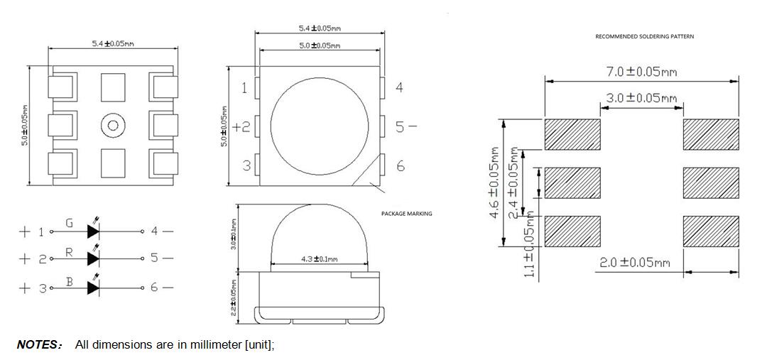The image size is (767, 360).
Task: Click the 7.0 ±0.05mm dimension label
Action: coord(642,72)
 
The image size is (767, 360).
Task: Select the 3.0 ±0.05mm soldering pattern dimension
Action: coord(642,98)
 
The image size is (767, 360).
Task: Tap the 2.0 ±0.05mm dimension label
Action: coord(634,263)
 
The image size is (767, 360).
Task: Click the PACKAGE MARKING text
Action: coord(406,213)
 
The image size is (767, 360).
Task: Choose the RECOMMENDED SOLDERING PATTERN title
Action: coord(644,36)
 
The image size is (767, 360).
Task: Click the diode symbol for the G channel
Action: coord(93,231)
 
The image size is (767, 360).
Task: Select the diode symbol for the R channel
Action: coord(93,258)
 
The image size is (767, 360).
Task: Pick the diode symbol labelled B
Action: coord(93,287)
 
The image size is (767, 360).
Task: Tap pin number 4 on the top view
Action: coord(400,87)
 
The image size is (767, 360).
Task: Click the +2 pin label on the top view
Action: coord(241,127)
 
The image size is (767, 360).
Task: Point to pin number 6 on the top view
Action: coord(401,165)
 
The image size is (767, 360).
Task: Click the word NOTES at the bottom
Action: coord(38,345)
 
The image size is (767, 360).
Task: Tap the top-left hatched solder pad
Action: coord(572,134)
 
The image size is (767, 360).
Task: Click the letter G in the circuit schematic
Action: coord(69,223)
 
